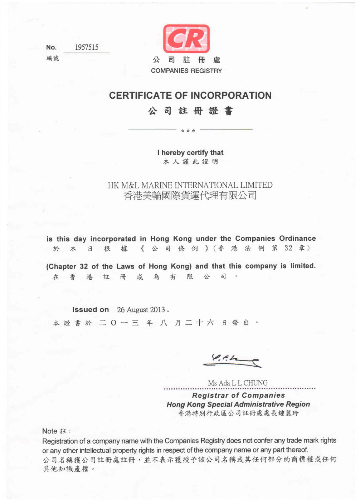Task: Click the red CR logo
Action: click(x=186, y=39)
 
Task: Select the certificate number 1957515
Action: click(x=87, y=47)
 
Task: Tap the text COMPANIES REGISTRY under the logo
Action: click(x=186, y=71)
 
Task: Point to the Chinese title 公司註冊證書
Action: click(x=190, y=111)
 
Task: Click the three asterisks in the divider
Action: click(x=188, y=131)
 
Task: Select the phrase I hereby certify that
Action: click(x=190, y=153)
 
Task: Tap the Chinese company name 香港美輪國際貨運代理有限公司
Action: click(x=190, y=196)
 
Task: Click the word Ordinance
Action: click(x=297, y=239)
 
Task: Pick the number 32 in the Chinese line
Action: click(x=288, y=248)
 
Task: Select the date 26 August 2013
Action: click(x=141, y=310)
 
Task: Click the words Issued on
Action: click(x=91, y=310)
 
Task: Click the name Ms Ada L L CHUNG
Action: click(x=238, y=383)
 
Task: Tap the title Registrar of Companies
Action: click(x=238, y=395)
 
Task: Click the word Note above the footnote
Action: click(x=50, y=431)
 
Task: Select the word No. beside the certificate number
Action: click(x=51, y=48)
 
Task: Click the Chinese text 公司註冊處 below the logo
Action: click(x=186, y=60)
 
